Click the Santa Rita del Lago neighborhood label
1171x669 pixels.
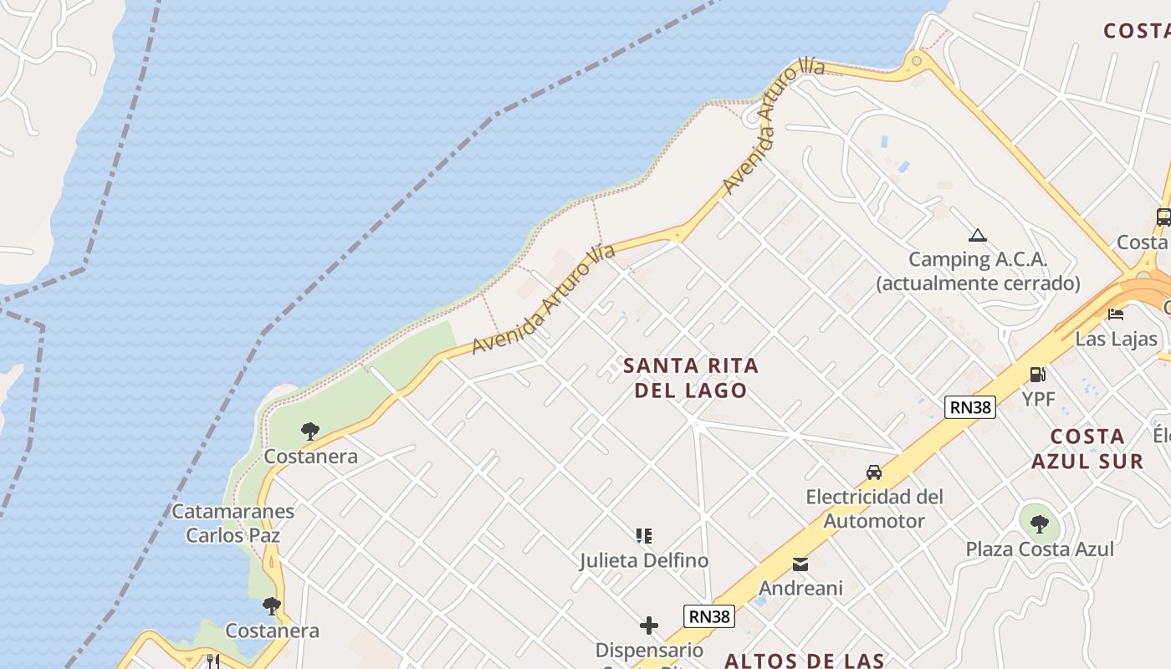click(691, 378)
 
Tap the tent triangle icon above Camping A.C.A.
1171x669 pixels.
click(977, 235)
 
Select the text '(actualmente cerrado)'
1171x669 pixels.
click(978, 283)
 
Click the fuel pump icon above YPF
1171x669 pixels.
click(1038, 375)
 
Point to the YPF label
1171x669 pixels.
click(1038, 399)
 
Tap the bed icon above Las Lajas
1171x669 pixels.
click(1116, 314)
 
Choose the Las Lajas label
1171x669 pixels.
click(1116, 339)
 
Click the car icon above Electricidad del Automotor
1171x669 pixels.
click(874, 472)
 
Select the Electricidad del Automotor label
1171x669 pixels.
click(874, 508)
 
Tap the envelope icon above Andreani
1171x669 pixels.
click(800, 564)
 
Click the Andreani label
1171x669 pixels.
click(800, 588)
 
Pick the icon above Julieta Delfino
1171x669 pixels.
click(643, 536)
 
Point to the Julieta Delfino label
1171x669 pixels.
click(643, 560)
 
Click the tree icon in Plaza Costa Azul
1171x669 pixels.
click(1039, 524)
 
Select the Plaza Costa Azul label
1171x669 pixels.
click(1040, 549)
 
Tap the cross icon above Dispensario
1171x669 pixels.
click(648, 626)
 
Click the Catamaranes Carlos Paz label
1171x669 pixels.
click(233, 523)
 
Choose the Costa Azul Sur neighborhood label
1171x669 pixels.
click(1087, 449)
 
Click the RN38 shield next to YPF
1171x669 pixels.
click(970, 407)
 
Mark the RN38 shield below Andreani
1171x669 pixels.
click(708, 616)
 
